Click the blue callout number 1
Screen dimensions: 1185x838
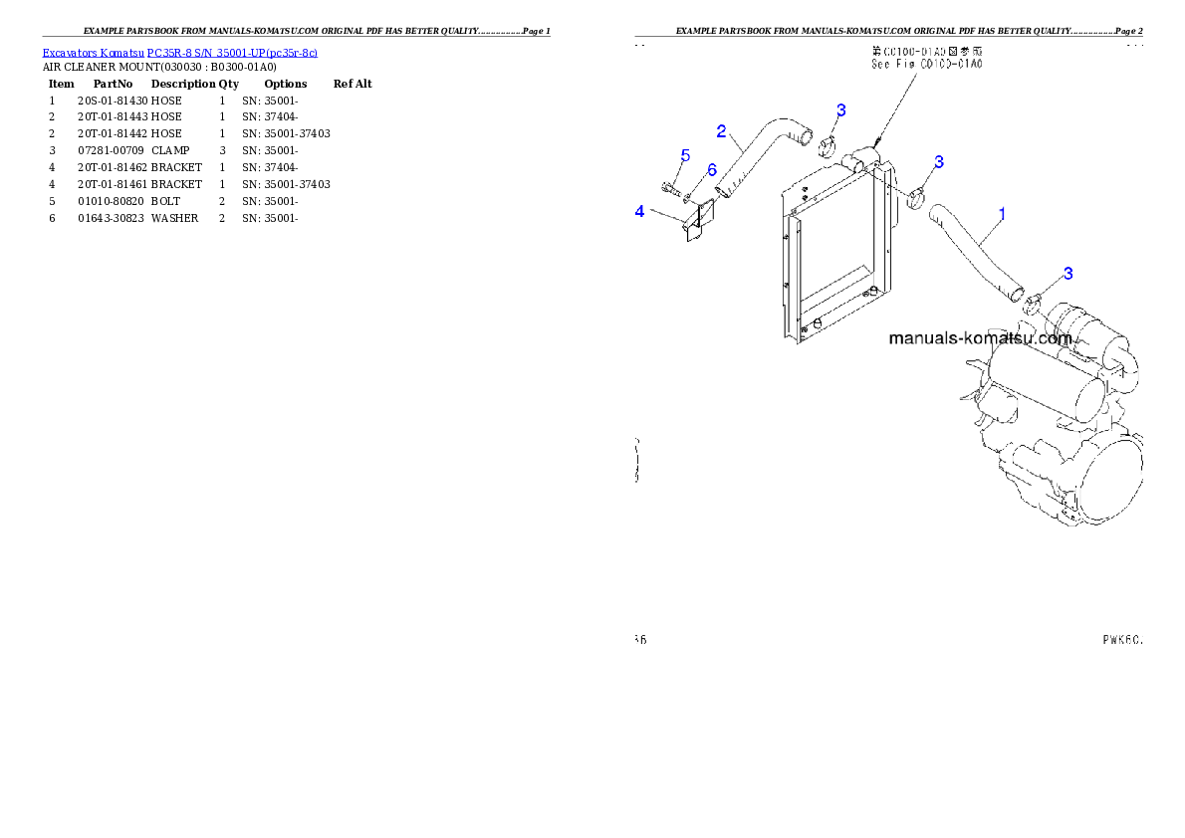1002,214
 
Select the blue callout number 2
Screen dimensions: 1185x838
722,130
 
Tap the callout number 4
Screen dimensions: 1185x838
640,211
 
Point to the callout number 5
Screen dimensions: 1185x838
685,155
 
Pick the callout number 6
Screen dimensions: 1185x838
712,170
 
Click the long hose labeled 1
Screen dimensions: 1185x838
975,253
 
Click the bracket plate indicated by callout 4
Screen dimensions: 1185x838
692,220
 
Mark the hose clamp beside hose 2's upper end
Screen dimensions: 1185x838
827,150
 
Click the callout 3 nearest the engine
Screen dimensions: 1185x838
1068,274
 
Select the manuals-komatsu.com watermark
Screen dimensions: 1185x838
982,338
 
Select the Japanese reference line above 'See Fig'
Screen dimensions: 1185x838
927,51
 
